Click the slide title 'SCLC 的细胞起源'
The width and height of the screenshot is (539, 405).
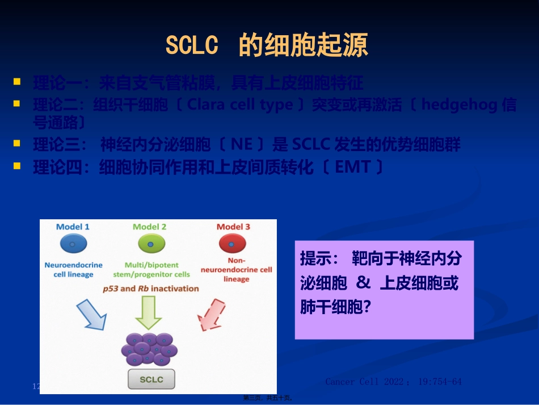[267, 45]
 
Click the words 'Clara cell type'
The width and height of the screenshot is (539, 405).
[240, 105]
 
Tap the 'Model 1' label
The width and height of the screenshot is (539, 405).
[73, 227]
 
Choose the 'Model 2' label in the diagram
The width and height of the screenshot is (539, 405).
[150, 227]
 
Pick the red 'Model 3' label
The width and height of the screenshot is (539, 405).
[233, 227]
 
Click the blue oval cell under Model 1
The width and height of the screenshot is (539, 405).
[73, 244]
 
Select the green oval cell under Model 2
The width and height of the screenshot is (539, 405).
[151, 244]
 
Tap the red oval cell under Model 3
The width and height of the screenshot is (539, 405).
[233, 244]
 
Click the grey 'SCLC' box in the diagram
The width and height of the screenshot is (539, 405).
[151, 379]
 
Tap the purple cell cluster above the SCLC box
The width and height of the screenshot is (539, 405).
[149, 349]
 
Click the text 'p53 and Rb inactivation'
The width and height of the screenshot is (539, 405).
[151, 288]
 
